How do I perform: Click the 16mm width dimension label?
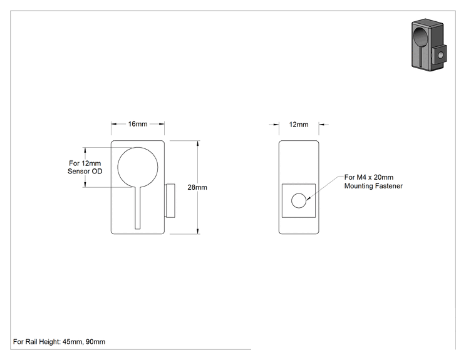click(138, 124)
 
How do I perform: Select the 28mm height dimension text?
click(197, 187)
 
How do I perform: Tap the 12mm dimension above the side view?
click(299, 125)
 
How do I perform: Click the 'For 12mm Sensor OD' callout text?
click(85, 167)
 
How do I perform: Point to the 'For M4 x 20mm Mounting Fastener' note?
click(373, 182)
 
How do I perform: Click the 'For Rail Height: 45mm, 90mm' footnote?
click(59, 342)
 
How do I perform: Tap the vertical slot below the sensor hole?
click(138, 208)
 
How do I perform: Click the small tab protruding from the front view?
click(170, 201)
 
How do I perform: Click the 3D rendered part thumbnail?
click(429, 44)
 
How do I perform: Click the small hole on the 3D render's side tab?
click(440, 55)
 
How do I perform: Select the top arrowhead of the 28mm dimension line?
click(198, 144)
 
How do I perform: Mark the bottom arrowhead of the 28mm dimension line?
click(198, 231)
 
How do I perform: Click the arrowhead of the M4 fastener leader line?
click(308, 198)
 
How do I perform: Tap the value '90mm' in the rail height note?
click(95, 342)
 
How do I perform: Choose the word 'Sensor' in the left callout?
click(78, 171)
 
